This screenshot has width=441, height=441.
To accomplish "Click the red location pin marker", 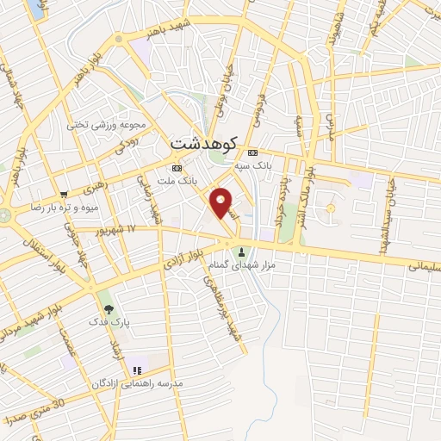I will coord(221,202).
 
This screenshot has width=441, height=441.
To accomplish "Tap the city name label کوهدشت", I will coord(203,143).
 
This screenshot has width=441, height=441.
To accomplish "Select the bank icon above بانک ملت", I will coord(177,168).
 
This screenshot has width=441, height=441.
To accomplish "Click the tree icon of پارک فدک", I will coord(107,307).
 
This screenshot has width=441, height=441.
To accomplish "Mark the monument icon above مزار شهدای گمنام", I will coord(241,252).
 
